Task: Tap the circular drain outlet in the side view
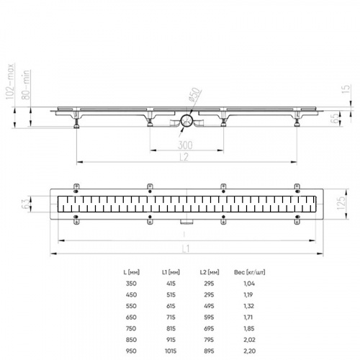point(185,122)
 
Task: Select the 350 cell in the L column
point(130,284)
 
